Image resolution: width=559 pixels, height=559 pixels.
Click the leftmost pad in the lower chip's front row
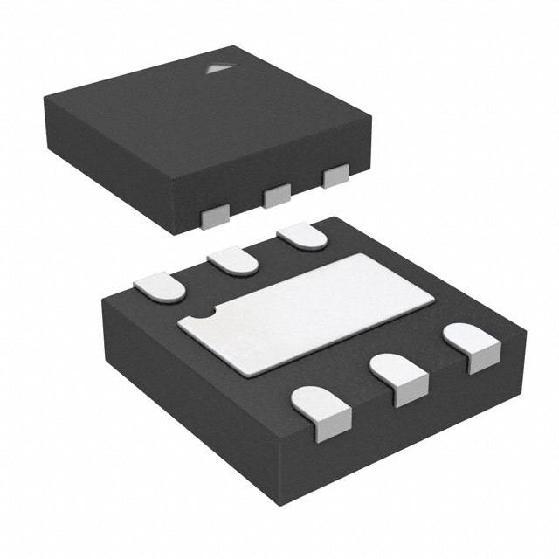coord(315,411)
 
